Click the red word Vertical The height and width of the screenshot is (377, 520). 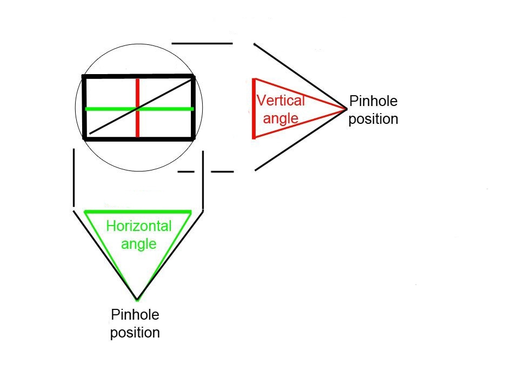[281, 101]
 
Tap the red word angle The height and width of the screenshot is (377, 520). [281, 118]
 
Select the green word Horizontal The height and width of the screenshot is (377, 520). [138, 226]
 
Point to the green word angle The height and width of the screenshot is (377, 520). [138, 243]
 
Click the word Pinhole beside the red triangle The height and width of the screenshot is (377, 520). [373, 101]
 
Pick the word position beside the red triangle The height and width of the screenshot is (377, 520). [373, 118]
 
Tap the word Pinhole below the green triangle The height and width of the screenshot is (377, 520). [135, 314]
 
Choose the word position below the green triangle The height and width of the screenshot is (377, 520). [135, 332]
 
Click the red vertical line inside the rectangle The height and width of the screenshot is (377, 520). [138, 92]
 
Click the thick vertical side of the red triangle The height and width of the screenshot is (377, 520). [254, 108]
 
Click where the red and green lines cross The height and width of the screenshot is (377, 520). [138, 109]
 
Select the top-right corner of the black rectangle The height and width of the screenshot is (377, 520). [193, 77]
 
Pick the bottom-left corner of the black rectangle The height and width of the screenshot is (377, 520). [85, 138]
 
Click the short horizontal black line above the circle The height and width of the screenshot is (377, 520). [202, 43]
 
